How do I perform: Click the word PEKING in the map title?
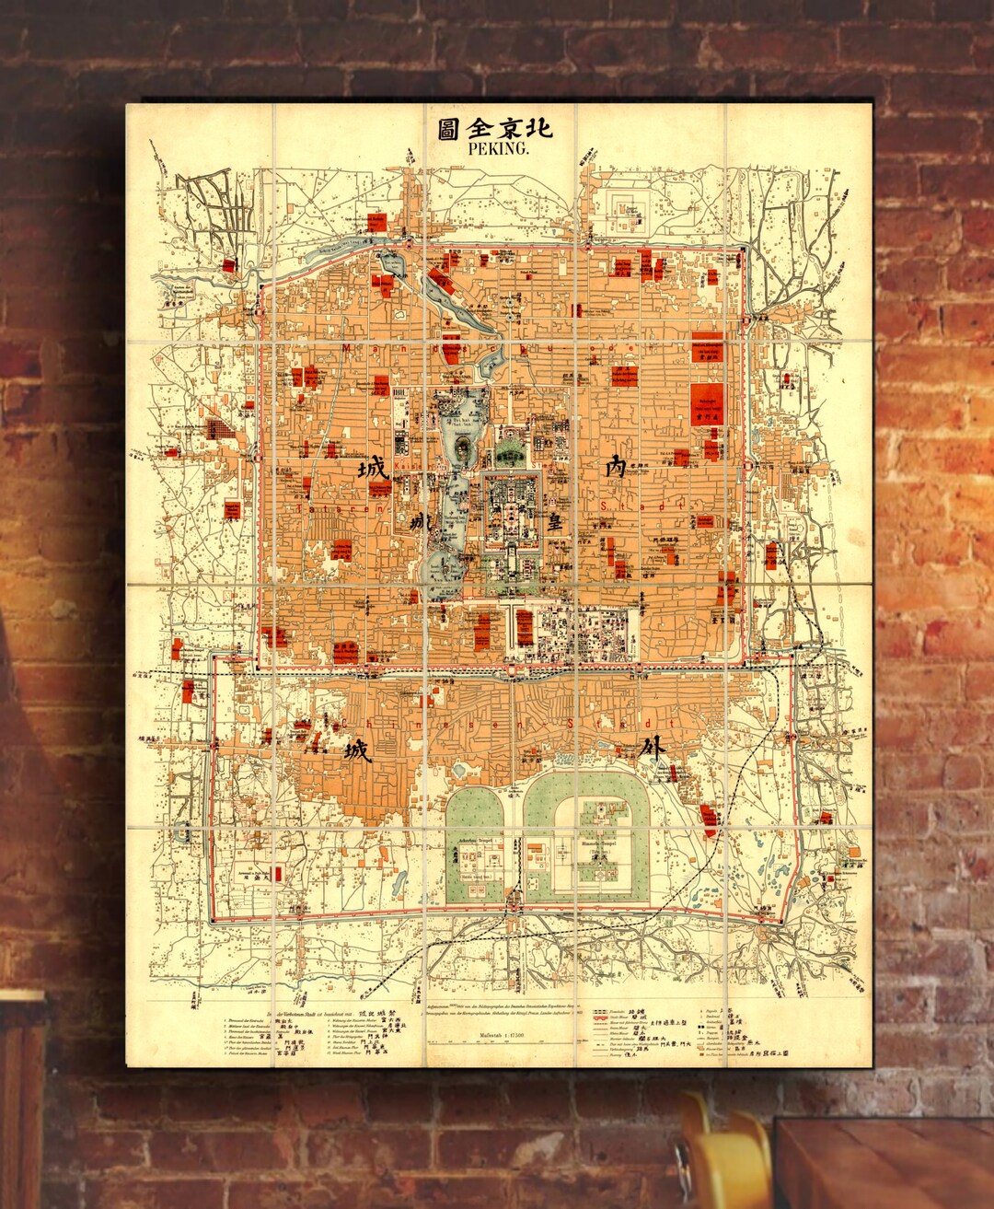coord(498,147)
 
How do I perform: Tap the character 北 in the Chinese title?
coord(542,128)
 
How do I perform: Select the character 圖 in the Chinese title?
coord(448,128)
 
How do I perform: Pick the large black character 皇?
coord(555,522)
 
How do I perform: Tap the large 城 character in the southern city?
coord(357,751)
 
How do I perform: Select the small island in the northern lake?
coord(461,450)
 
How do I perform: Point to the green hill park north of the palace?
coord(509,451)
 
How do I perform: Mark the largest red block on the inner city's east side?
coord(708,405)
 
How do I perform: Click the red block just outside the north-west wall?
coord(376,222)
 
